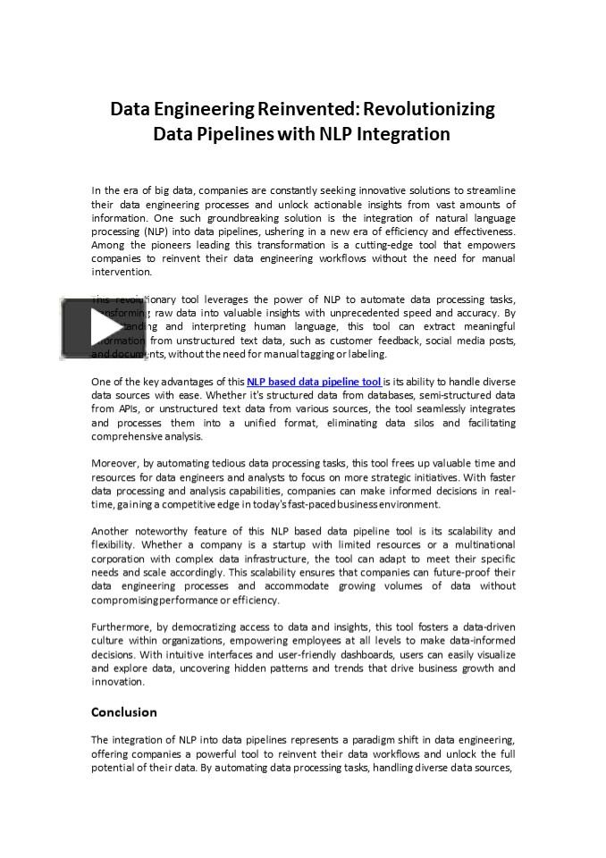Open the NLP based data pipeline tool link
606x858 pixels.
[x=314, y=382]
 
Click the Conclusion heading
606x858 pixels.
[x=124, y=712]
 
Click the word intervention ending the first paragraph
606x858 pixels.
[x=122, y=272]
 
